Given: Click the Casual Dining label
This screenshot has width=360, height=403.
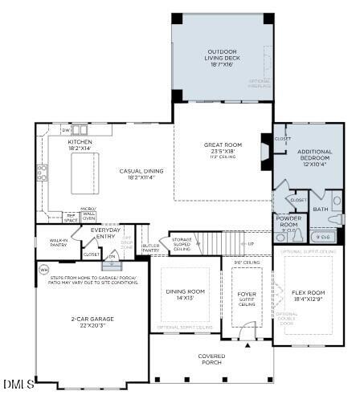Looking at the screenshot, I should coord(141,173).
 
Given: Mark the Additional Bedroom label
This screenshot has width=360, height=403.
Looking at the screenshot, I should coord(314,156).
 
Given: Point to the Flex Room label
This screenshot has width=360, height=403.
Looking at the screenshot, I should coord(309,295).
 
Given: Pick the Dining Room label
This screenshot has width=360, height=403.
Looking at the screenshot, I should coord(179,294).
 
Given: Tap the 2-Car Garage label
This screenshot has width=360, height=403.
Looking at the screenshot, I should coord(92,321).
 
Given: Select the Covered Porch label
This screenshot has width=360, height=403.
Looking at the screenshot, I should coord(211,358).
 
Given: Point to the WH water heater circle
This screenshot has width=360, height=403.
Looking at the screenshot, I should coord(43,269).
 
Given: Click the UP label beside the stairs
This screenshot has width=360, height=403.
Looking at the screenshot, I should coord(250,244).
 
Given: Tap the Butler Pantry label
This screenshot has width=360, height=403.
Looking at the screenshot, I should coord(150,249).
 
